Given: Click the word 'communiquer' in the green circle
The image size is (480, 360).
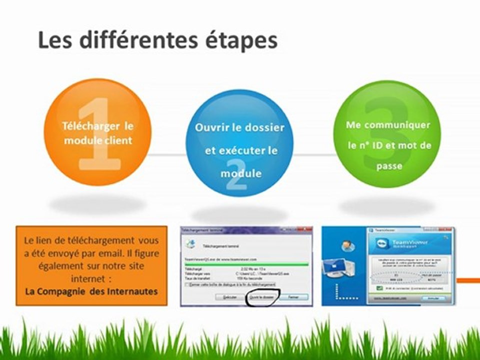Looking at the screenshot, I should pos(404,125).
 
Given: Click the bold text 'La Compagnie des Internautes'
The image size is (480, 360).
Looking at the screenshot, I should pos(92,291).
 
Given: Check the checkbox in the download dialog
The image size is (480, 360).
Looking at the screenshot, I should pos(187,284).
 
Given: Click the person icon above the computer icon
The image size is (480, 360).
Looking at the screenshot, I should pos(344,245).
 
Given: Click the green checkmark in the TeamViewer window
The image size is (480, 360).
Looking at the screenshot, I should pos(379,288).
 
